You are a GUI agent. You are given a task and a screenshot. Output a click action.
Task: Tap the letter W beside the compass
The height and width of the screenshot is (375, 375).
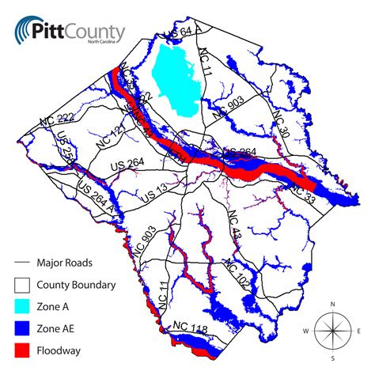(x=305, y=330)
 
